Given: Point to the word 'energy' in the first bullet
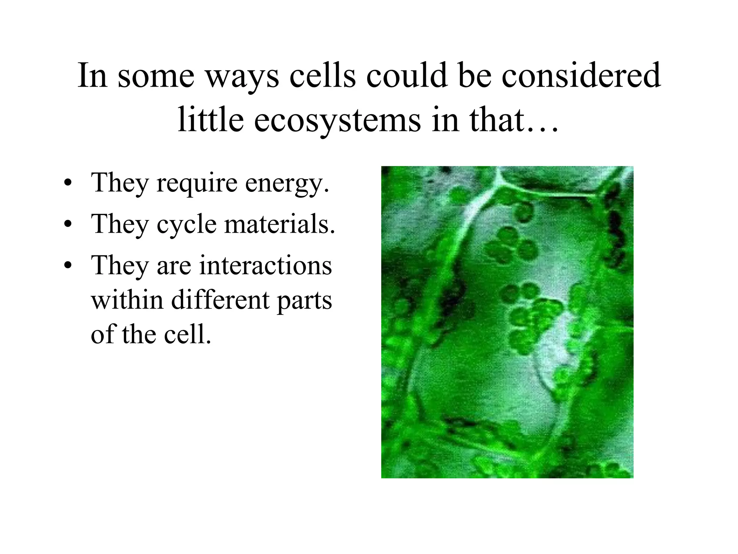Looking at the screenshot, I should coord(287,183).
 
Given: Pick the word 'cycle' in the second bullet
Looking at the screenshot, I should coord(187,224).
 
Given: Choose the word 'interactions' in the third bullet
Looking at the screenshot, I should coord(265,265).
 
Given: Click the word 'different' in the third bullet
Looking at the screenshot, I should coord(220,300).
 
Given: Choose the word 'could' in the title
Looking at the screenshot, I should coord(407,76).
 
